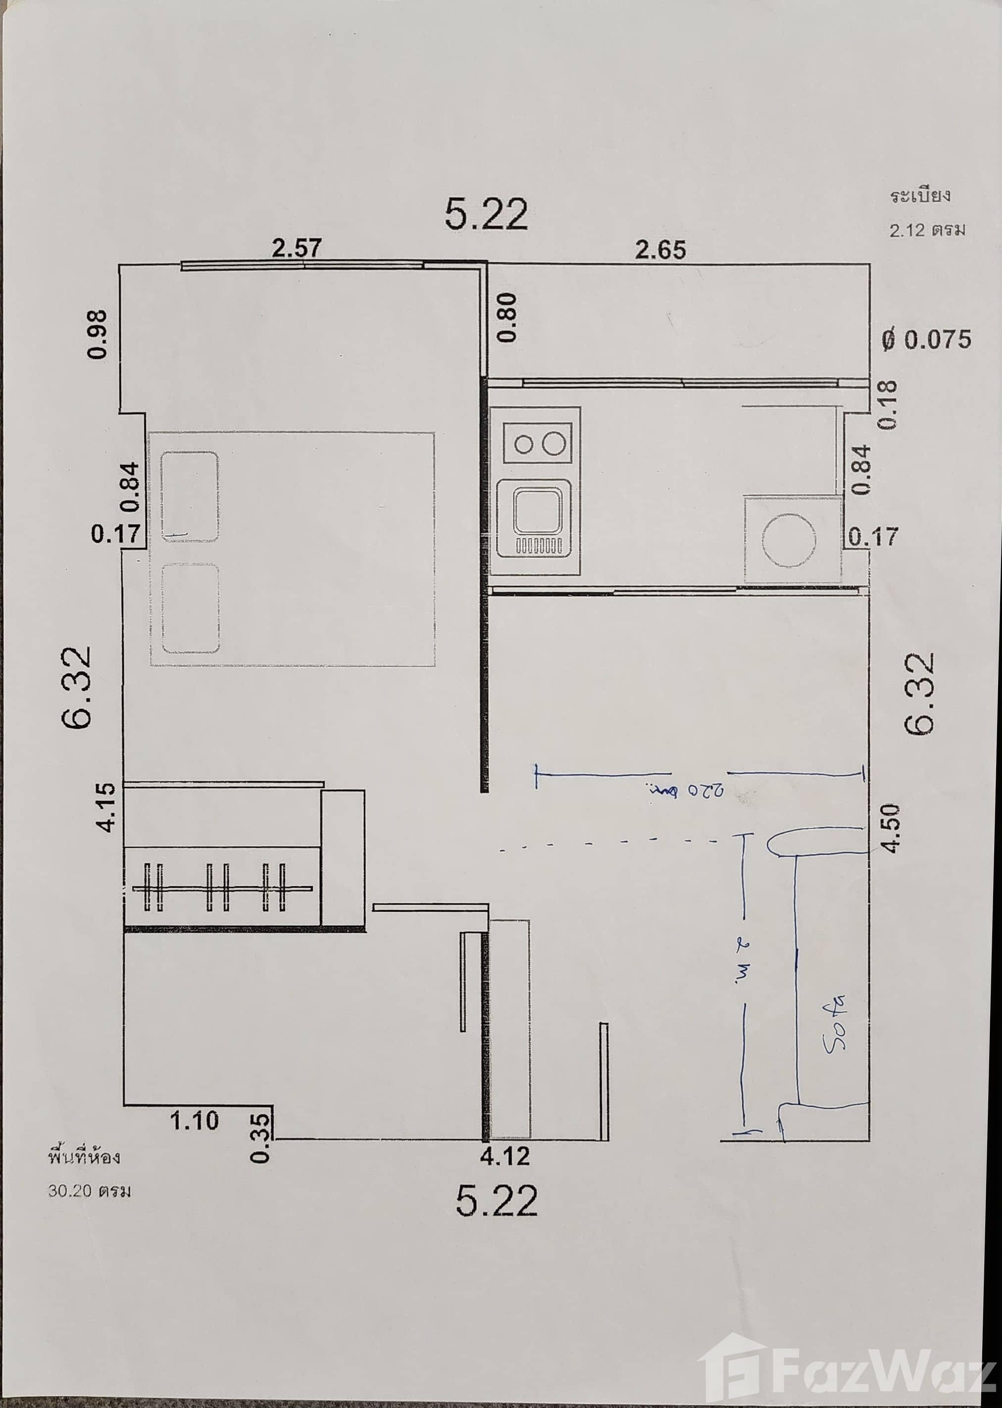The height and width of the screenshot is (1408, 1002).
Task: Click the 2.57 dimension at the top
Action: click(297, 248)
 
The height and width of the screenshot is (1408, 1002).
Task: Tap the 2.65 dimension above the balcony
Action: click(660, 250)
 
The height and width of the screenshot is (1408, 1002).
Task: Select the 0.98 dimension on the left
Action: click(98, 334)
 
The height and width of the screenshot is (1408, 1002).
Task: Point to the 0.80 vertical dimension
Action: click(508, 317)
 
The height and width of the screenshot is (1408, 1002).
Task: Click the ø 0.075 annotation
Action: click(926, 339)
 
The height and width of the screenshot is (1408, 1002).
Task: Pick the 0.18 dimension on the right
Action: click(889, 405)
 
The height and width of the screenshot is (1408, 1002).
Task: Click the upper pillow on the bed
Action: click(190, 496)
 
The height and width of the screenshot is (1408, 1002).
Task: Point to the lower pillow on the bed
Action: click(190, 608)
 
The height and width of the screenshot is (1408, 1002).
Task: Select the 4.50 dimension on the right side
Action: click(892, 828)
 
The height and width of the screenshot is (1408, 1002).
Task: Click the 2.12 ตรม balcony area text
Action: click(927, 230)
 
